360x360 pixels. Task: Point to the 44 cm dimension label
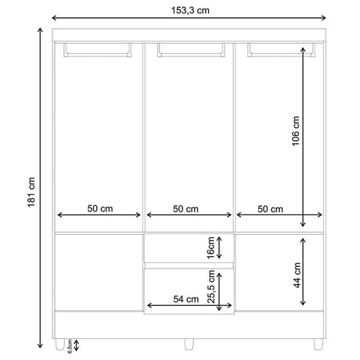click(297, 275)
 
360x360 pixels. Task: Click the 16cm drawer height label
click(210, 247)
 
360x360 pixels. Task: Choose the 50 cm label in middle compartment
click(185, 209)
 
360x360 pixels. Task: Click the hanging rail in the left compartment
click(97, 51)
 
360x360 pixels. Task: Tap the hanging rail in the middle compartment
click(190, 51)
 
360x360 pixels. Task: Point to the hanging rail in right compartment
click(282, 51)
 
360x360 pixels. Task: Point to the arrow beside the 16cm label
click(221, 248)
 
